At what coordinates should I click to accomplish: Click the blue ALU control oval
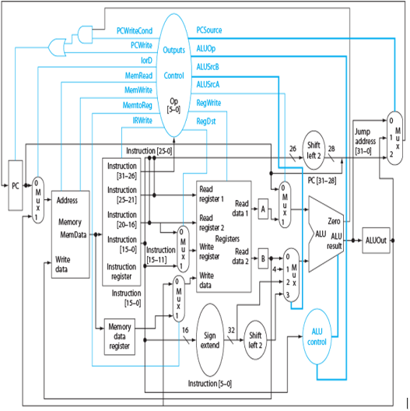point(317,336)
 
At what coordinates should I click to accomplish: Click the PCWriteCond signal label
point(135,31)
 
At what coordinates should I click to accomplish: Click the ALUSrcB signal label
point(208,67)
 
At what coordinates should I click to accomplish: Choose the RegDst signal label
point(206,121)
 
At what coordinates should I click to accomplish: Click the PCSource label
point(209,30)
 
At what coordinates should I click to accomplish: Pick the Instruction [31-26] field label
point(122,171)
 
